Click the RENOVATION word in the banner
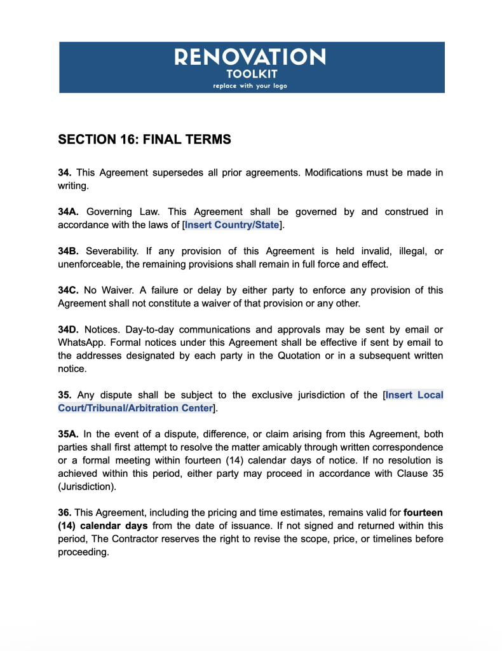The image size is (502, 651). point(250,58)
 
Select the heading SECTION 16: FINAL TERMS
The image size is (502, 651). point(144,139)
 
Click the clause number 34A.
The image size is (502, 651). point(69,212)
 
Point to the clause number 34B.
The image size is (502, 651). point(69,251)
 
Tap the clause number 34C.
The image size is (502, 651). point(69,291)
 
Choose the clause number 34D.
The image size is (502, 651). point(69,329)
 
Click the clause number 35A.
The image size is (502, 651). point(69,434)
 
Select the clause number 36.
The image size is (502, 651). point(65,512)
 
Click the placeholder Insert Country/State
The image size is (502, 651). point(231,225)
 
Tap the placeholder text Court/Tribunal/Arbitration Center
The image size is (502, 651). point(135,408)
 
